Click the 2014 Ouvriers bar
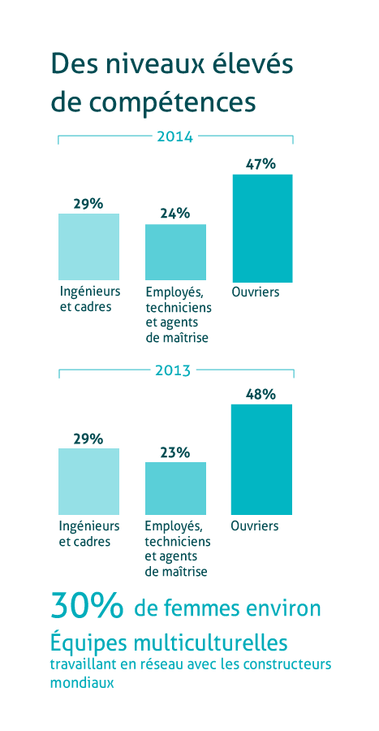263,228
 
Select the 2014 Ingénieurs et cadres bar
89,247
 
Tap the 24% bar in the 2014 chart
175,253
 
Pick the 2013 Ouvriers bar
261,460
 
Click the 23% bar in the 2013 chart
175,489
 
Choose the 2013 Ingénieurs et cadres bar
89,482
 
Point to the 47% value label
261,164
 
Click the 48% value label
261,395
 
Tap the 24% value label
175,214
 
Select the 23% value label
175,452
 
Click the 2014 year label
175,137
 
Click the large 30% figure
87,605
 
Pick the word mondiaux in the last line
82,683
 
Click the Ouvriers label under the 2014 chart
255,292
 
